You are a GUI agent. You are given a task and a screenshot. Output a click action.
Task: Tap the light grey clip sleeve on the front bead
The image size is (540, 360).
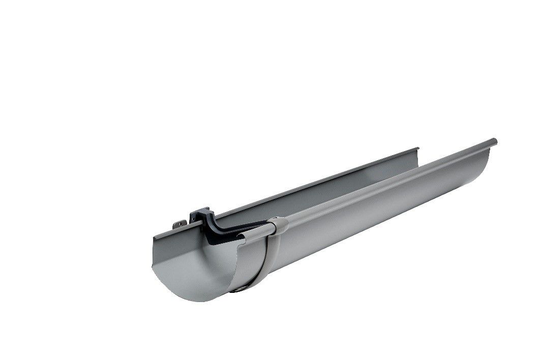point(278,225)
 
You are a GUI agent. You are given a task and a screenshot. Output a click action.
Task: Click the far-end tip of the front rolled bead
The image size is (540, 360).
point(494,141)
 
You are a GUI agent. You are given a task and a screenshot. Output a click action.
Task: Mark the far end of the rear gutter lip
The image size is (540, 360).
point(417,150)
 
